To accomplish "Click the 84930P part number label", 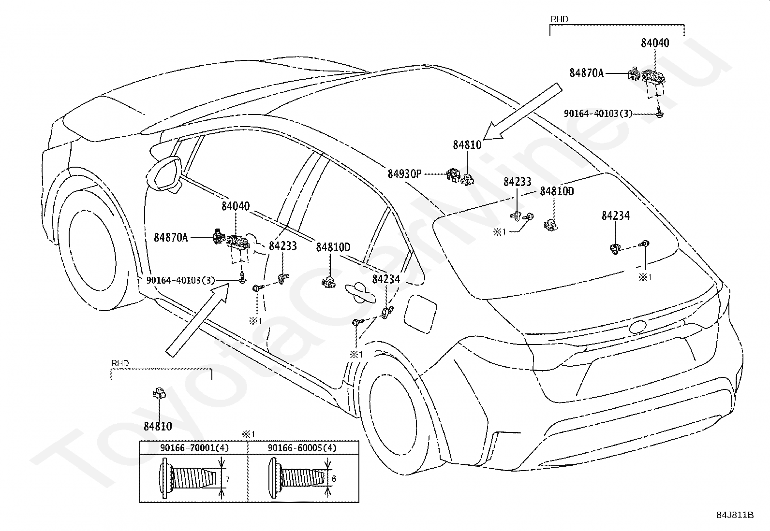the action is (404, 174).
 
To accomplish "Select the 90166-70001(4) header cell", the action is (194, 448).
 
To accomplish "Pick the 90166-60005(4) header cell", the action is (302, 448).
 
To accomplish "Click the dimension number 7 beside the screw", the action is (227, 479).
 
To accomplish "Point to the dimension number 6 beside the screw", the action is (333, 479).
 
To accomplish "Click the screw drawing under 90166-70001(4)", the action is (188, 478).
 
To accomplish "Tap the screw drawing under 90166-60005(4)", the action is (296, 478).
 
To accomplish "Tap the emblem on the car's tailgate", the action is (637, 327).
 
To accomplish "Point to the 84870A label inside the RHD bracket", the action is (586, 73).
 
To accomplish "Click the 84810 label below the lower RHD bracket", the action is (158, 426).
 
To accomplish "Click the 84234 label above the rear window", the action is (616, 215).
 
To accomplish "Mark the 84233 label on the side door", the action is (282, 246).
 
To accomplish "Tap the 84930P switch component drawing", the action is (453, 175).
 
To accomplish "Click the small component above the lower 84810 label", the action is (159, 393).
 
